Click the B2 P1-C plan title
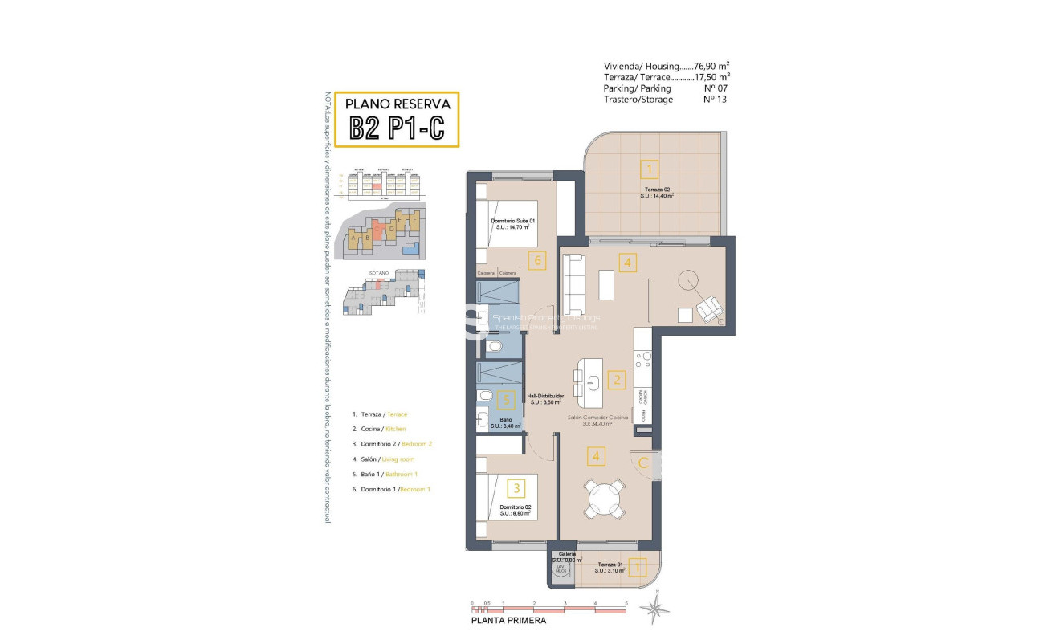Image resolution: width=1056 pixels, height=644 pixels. click(396, 128)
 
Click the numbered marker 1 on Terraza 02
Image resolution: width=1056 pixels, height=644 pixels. click(649, 169)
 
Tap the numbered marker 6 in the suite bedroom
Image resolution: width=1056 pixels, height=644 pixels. click(538, 259)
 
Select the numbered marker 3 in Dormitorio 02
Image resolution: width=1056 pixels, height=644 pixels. click(516, 487)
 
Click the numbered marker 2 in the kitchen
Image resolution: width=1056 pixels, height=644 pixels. click(617, 380)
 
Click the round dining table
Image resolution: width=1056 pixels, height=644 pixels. click(604, 499)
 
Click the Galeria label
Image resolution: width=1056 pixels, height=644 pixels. click(561, 555)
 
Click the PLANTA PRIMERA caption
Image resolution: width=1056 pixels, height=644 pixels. click(508, 621)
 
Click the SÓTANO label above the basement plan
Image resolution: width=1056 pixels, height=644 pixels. click(379, 273)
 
